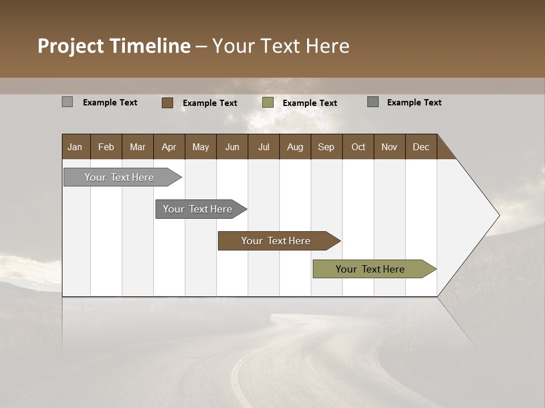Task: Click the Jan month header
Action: (x=75, y=147)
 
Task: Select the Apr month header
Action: (x=169, y=147)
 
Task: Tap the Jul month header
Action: (x=263, y=147)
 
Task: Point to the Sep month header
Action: (x=326, y=147)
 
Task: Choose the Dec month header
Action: (x=421, y=147)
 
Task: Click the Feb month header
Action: (x=106, y=147)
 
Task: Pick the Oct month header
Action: (x=358, y=147)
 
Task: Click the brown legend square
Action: (x=167, y=103)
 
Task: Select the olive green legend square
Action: (x=268, y=103)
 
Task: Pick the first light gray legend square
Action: (x=67, y=102)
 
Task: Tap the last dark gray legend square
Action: (x=373, y=102)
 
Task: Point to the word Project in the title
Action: (x=71, y=46)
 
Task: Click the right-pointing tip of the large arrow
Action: (x=497, y=215)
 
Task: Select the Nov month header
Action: (x=389, y=147)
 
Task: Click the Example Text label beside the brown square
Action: (x=210, y=103)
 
